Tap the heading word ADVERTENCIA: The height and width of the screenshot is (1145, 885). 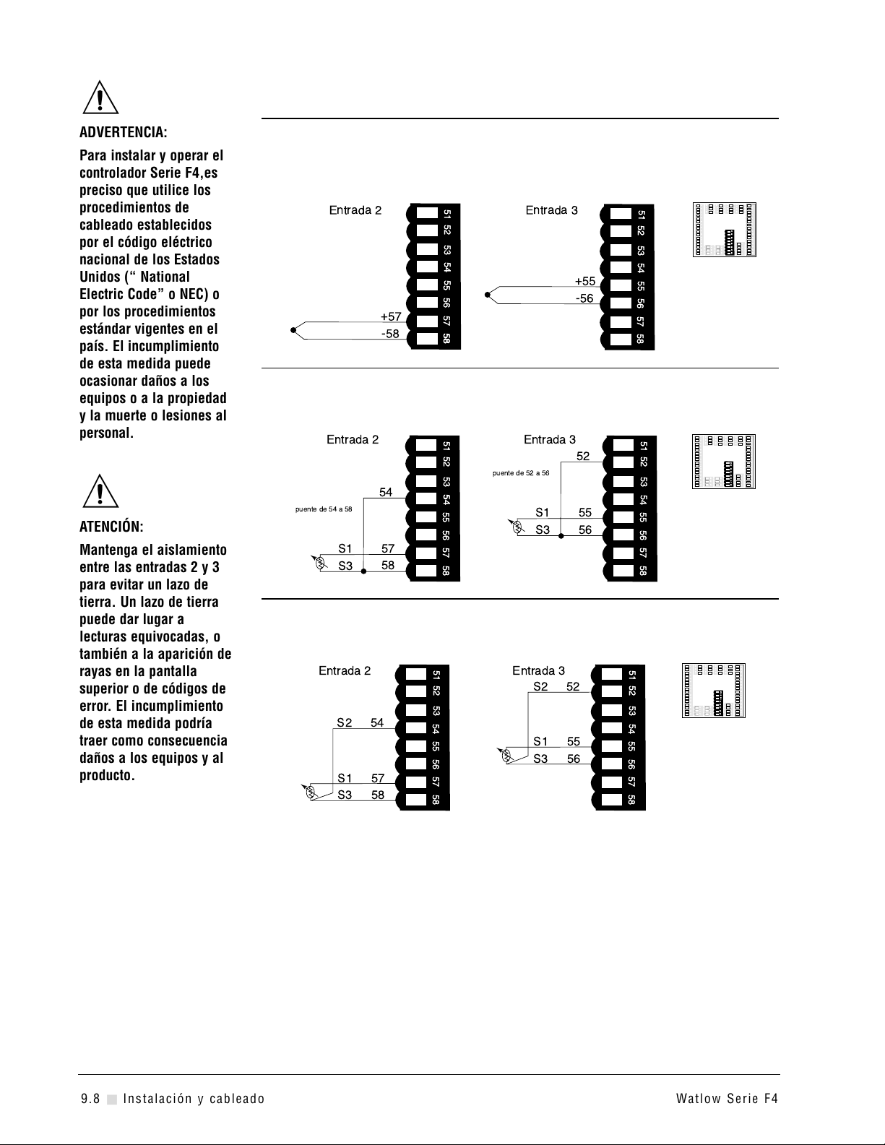click(x=123, y=133)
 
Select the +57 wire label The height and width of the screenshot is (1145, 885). click(x=391, y=316)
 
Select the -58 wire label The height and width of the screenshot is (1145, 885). click(x=390, y=334)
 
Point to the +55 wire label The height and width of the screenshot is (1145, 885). click(x=585, y=281)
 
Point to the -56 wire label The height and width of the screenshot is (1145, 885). click(x=584, y=298)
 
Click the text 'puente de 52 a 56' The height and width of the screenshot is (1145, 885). click(x=521, y=473)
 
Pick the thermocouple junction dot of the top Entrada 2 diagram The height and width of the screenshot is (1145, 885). click(x=293, y=330)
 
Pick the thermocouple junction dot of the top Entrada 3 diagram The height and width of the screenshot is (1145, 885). click(x=488, y=295)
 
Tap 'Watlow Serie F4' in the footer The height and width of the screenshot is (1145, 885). click(x=727, y=1099)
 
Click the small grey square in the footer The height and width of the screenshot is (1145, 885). click(x=111, y=1099)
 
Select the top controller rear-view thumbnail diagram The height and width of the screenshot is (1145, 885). click(x=725, y=230)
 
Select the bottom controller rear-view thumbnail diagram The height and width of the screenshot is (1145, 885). click(x=714, y=690)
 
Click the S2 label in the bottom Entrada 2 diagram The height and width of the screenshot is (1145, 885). click(x=345, y=722)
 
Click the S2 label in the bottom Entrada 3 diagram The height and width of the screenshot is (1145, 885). click(x=540, y=686)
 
